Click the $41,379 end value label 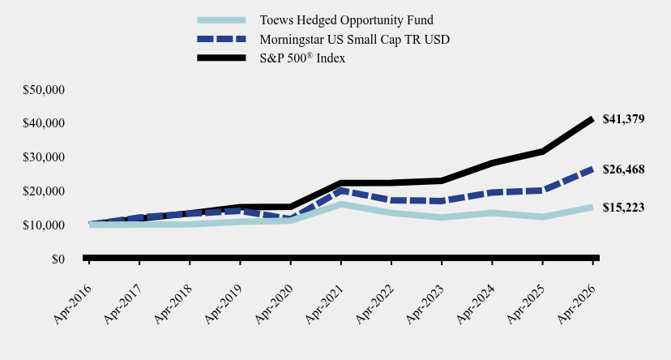point(623,119)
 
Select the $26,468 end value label point(623,169)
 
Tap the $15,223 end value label point(623,208)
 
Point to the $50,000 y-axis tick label point(44,90)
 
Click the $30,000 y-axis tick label point(44,157)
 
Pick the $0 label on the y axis point(58,259)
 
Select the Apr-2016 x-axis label point(72,304)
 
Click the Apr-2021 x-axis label point(324,304)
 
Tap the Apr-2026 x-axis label point(576,304)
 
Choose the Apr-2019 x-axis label point(224,304)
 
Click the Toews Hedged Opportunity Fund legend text point(347,20)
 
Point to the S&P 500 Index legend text point(302,58)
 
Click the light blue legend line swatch point(221,20)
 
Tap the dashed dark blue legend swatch point(221,39)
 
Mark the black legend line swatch point(221,58)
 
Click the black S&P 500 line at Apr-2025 point(542,152)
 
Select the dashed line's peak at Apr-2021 point(341,191)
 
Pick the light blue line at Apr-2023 point(442,217)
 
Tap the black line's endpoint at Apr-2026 point(592,119)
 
